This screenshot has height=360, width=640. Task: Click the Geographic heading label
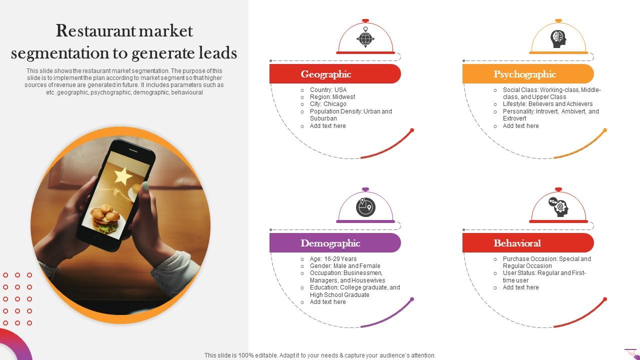click(x=326, y=74)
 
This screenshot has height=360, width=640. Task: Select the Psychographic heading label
click(x=524, y=74)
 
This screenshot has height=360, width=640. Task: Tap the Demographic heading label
click(x=330, y=243)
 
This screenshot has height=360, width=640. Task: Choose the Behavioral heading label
click(x=517, y=243)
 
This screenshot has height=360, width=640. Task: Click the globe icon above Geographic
click(x=365, y=38)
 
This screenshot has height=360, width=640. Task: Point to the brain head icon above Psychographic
click(x=558, y=38)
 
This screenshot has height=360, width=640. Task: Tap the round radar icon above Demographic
click(x=365, y=207)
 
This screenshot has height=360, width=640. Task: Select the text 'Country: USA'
click(x=328, y=90)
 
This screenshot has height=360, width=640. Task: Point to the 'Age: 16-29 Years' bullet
click(x=333, y=259)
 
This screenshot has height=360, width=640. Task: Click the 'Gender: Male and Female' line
click(x=345, y=266)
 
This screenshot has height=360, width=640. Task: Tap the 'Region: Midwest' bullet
click(x=332, y=97)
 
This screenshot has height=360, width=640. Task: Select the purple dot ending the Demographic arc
click(x=412, y=299)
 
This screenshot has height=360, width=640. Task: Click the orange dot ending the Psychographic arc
click(x=605, y=130)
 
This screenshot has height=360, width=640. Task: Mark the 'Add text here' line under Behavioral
click(x=520, y=287)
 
